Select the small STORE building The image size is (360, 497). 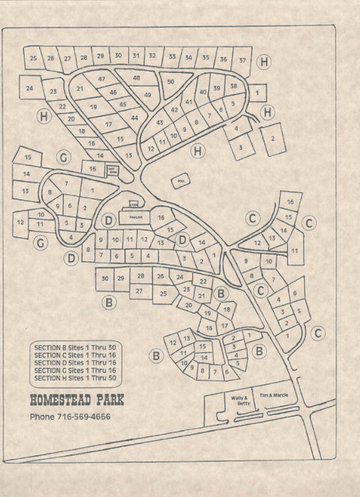point(134,205)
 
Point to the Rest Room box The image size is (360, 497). point(112,170)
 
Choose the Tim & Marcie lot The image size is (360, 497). point(273,396)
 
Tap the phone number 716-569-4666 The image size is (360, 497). point(70,417)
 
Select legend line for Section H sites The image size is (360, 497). point(77,378)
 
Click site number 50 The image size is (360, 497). point(170,82)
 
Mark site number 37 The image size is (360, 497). point(243,60)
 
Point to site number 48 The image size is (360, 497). point(137,78)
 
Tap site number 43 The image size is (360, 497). point(159,122)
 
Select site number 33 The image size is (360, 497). point(172,57)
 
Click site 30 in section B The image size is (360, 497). point(105,278)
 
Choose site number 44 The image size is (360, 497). point(134,118)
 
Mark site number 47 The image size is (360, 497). point(102,79)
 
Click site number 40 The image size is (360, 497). point(203,92)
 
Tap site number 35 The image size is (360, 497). point(206,58)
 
